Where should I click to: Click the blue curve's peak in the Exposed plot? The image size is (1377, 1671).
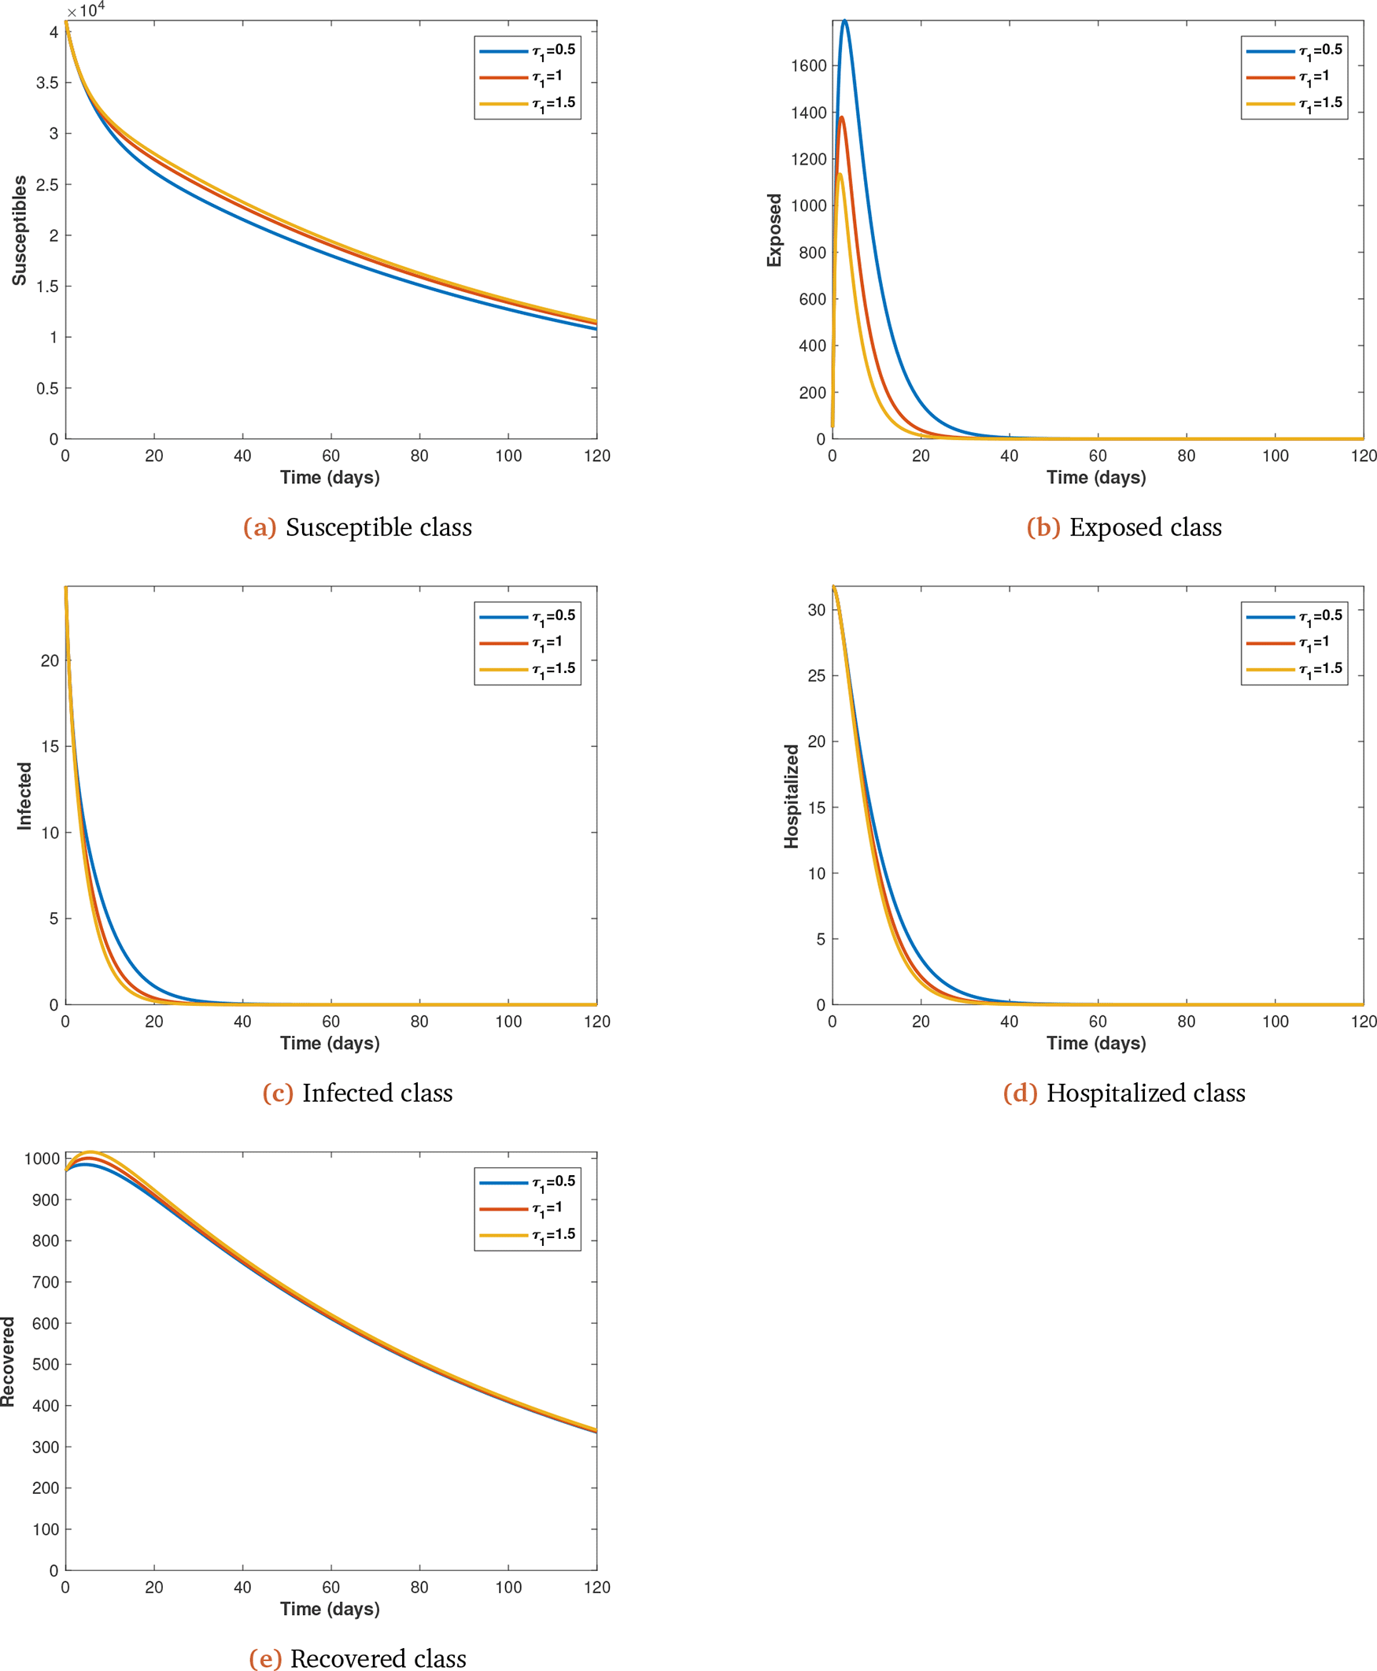[x=845, y=21]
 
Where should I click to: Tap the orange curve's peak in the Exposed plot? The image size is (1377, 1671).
[x=842, y=117]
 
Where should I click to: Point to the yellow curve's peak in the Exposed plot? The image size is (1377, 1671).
[x=840, y=174]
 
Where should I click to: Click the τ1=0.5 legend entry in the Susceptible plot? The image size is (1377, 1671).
[x=528, y=51]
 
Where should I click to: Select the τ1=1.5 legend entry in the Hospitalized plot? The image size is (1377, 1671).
[x=1294, y=669]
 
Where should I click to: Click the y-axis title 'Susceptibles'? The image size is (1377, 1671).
[x=19, y=230]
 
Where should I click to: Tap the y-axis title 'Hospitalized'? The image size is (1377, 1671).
[x=792, y=796]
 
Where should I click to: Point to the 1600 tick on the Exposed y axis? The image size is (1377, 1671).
[x=809, y=66]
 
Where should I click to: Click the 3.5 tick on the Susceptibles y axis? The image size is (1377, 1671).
[x=47, y=83]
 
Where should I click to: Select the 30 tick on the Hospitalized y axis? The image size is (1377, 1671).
[x=816, y=609]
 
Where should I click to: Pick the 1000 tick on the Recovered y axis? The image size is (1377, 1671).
[x=42, y=1159]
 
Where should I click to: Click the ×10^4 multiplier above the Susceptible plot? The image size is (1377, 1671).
[x=86, y=10]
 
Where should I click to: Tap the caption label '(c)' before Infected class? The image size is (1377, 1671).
[x=278, y=1093]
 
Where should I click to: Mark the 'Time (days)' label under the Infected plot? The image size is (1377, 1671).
[x=330, y=1044]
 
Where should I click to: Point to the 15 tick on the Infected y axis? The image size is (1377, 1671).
[x=50, y=747]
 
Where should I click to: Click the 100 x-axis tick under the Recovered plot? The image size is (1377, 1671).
[x=508, y=1587]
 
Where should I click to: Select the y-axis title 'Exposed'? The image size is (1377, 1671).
[x=774, y=230]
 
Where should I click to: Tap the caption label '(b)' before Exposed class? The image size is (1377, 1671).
[x=1043, y=527]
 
